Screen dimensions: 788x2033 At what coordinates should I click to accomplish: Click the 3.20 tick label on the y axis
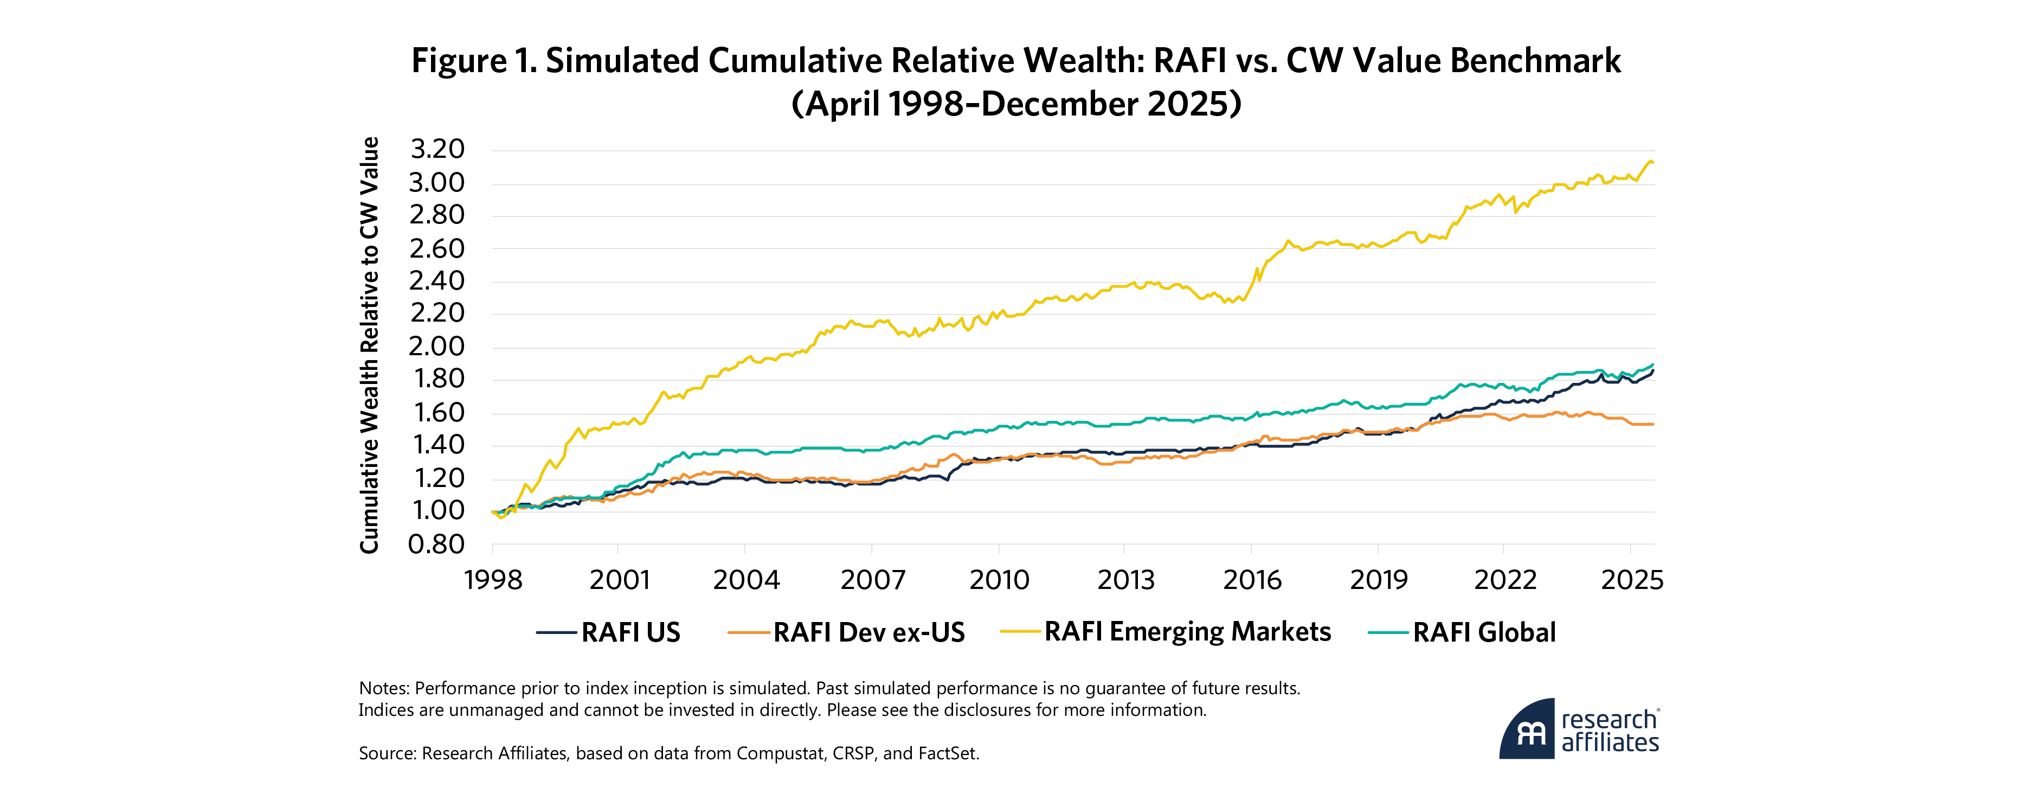[436, 149]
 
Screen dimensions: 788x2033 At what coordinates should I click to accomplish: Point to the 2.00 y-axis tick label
[436, 346]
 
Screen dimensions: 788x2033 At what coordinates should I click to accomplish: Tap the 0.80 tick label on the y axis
[436, 544]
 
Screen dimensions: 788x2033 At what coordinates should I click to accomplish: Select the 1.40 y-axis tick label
[436, 445]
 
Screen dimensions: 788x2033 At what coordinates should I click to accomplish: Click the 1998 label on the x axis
[493, 580]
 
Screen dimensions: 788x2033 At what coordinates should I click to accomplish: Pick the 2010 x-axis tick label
[999, 580]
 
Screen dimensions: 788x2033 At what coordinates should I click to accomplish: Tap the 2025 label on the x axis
[1632, 580]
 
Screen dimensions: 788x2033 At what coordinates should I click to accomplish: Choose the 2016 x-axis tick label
[1252, 580]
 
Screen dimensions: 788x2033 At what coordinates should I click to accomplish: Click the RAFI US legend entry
[630, 632]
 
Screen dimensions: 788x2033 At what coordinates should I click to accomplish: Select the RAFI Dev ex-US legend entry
[868, 632]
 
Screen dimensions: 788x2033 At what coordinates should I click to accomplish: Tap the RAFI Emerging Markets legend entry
[1187, 632]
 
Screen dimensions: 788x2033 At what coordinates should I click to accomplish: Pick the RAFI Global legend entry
[1484, 632]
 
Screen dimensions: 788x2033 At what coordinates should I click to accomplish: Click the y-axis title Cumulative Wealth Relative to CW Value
[369, 345]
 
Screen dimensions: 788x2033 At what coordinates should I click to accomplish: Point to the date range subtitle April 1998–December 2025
[1016, 104]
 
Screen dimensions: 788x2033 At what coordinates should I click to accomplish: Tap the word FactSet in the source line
[947, 753]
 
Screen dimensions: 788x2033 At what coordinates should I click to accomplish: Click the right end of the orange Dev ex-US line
[1654, 425]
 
